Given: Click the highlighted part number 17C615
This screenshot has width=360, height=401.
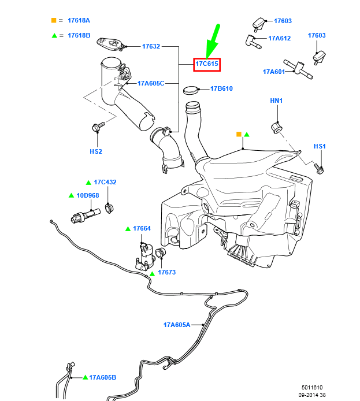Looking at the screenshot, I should coord(206,64).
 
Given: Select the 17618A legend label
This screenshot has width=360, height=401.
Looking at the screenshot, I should coord(79,20).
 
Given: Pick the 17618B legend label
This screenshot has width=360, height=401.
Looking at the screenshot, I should coord(79,35).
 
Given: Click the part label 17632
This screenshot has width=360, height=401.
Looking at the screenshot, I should coord(151,46).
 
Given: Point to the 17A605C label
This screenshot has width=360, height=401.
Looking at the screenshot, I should coord(151,83).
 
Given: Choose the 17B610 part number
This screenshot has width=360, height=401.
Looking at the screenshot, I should coord(221,89).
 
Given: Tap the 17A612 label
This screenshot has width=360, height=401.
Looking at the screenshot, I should coord(279,38).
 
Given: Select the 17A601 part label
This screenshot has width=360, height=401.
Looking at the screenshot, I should coord(274,72).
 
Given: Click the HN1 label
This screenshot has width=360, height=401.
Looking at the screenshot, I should coord(276,101).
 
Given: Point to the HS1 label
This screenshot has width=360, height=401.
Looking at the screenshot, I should coord(320,147).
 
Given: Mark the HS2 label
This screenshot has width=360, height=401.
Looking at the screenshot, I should coord(96,151).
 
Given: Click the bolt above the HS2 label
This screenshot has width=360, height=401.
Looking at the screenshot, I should coord(97,126).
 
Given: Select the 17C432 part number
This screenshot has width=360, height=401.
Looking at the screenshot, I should coord(105,182).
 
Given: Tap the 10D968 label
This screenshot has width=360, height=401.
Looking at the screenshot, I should coord(88,195).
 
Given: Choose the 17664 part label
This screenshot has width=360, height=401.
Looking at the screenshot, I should coord(142,229).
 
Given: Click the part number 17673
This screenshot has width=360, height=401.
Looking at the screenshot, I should coord(166,272).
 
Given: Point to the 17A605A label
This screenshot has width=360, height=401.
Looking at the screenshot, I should coord(176,325).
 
